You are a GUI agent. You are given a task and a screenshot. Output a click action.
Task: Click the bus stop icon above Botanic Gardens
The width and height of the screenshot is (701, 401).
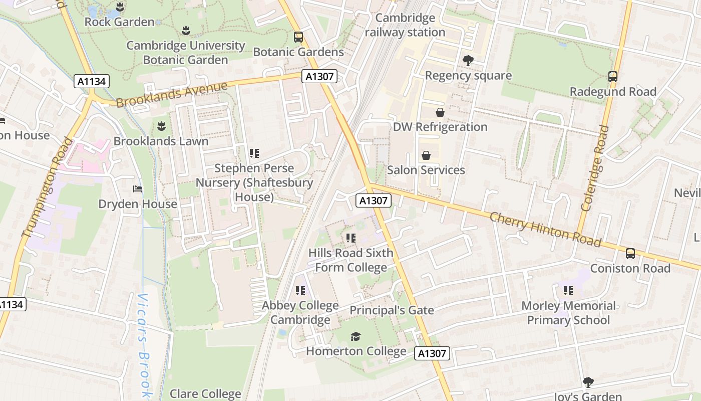click(298, 37)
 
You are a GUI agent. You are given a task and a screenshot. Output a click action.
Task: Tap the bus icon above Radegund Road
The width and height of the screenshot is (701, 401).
click(613, 77)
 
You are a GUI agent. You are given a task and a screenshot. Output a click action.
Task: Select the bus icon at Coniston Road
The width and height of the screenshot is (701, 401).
click(630, 254)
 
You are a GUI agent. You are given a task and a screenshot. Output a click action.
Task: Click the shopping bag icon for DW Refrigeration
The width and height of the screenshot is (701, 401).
click(440, 112)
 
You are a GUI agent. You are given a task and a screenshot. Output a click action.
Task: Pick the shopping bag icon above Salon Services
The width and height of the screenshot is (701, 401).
click(426, 155)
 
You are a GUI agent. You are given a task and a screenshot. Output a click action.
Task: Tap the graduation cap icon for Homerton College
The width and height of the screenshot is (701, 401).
click(356, 336)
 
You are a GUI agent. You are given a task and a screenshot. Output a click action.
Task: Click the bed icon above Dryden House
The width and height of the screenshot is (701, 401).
click(138, 189)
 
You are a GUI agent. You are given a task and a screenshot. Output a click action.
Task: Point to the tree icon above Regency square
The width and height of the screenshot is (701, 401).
click(468, 61)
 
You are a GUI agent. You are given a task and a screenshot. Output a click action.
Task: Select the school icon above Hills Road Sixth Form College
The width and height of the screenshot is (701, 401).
click(350, 238)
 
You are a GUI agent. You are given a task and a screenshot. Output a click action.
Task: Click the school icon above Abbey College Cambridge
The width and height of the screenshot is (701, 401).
click(300, 291)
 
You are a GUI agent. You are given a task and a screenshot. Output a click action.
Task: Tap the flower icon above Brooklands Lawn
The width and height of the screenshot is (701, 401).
click(161, 126)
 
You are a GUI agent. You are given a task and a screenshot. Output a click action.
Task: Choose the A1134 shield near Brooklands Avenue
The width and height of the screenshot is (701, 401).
click(92, 82)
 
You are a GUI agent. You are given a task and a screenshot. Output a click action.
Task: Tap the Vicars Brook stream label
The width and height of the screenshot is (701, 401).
click(144, 346)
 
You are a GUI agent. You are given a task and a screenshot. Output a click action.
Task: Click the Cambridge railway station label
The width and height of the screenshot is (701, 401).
click(405, 25)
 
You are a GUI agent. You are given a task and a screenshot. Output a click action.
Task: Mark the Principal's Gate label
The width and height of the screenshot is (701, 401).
click(392, 310)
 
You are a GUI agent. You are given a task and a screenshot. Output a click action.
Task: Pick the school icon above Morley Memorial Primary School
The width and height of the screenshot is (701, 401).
click(568, 291)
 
